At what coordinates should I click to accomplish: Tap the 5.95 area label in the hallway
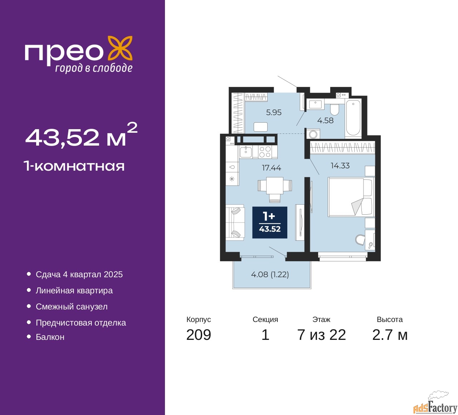[274, 112]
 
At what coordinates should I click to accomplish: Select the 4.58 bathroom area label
[325, 121]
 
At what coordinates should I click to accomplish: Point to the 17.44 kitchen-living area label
[272, 167]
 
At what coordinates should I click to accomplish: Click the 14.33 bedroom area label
[340, 166]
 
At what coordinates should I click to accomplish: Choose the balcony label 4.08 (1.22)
[270, 274]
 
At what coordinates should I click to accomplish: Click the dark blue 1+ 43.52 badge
[270, 223]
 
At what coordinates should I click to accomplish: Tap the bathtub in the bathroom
[353, 118]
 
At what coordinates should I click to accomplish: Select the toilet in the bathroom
[335, 108]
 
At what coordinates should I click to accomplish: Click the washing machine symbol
[313, 135]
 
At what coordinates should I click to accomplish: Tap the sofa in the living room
[235, 223]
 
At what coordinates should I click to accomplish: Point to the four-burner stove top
[265, 152]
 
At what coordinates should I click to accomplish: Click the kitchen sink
[246, 152]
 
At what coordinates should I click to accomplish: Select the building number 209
[199, 335]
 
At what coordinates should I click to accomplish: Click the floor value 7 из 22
[321, 335]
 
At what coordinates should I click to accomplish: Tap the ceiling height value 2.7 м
[390, 335]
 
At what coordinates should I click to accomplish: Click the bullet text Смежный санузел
[72, 307]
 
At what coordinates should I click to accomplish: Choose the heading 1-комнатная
[74, 166]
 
